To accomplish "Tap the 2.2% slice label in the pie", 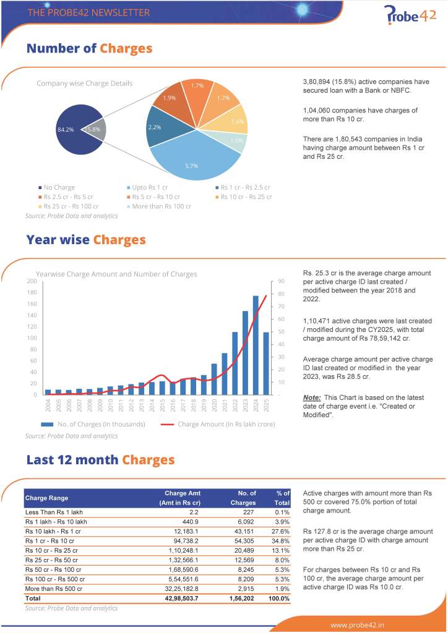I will pos(155,127).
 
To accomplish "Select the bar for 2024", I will pos(256,344).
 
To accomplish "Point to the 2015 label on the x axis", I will pos(163,406).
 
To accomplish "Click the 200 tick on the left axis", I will pos(31,281).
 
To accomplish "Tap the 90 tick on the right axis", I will pos(280,281).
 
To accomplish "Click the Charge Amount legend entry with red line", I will pos(217,424).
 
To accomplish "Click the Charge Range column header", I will pos(46,498).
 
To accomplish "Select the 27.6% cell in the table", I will pos(282,530).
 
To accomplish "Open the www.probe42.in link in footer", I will pos(357,624).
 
